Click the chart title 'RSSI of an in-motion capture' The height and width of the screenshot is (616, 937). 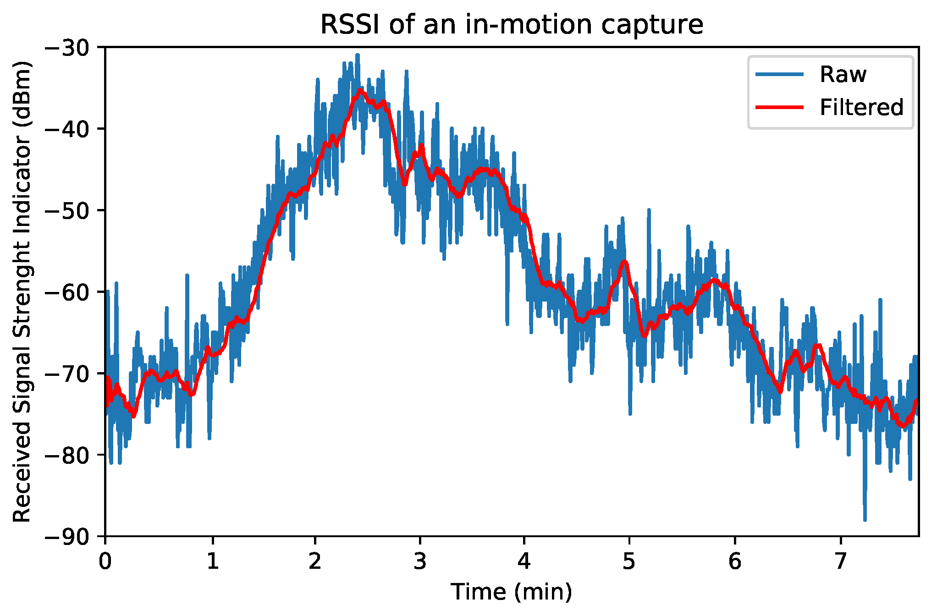511,24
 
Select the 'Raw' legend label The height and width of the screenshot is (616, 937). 843,74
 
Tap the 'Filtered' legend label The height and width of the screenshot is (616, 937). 861,107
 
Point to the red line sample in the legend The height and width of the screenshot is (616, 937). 780,107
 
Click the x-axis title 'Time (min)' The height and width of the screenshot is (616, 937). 511,592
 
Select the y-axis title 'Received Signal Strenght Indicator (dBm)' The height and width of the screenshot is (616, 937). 22,291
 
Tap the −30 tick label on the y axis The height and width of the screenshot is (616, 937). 72,47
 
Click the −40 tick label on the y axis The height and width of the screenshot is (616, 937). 72,129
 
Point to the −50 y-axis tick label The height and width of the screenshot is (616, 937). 72,210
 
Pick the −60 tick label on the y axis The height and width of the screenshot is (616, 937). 72,292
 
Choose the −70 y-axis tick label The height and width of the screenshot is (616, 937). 72,374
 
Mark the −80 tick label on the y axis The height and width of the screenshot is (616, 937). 72,455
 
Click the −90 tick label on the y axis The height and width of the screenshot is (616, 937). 72,536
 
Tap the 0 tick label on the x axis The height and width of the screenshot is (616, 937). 105,561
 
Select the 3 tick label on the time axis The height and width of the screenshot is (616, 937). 420,561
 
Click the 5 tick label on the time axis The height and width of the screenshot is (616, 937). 629,561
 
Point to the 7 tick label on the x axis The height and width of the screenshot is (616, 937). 840,561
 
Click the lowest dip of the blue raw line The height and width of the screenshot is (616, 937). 865,520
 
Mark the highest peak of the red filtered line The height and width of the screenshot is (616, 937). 360,90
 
